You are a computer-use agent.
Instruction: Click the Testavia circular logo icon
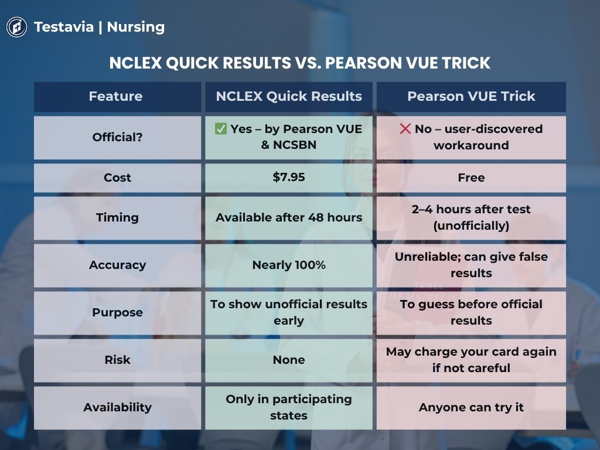[x=17, y=27]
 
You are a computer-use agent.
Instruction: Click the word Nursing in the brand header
[x=136, y=27]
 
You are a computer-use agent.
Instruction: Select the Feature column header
[x=115, y=97]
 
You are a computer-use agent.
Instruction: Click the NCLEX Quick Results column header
[x=289, y=97]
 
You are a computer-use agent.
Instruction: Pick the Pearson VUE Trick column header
[x=471, y=97]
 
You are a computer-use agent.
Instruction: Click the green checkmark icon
[x=221, y=129]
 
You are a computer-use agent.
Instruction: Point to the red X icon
[x=405, y=129]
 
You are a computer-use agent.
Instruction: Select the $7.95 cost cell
[x=289, y=178]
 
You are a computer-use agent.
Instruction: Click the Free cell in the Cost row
[x=471, y=178]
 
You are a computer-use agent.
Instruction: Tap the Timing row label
[x=117, y=218]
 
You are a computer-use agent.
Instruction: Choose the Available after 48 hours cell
[x=289, y=218]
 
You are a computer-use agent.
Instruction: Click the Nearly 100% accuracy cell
[x=289, y=265]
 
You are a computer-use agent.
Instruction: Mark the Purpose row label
[x=117, y=313]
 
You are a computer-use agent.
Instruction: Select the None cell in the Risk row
[x=289, y=360]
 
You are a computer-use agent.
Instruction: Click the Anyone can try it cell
[x=471, y=408]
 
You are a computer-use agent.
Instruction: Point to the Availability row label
[x=117, y=408]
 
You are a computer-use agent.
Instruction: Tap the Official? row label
[x=117, y=137]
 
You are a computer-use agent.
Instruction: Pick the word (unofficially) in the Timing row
[x=471, y=226]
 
